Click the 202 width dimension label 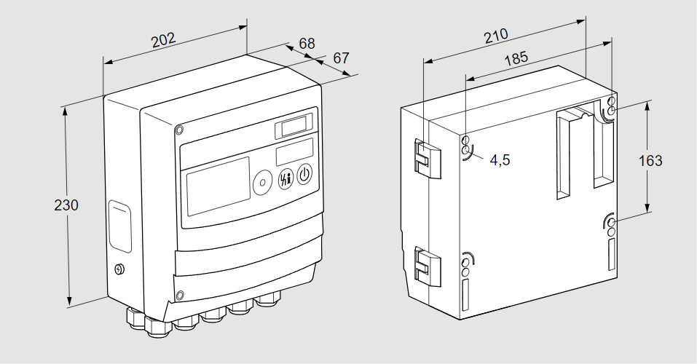coord(163,39)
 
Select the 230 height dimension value coord(66,205)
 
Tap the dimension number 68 coord(307,44)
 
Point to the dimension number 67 coord(342,58)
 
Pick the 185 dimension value coord(516,59)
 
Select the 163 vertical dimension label coord(650,160)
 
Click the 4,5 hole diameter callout coord(500,160)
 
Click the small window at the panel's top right coord(295,127)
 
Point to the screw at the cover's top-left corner coord(179,130)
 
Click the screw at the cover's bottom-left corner coord(180,296)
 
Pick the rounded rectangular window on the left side coord(120,226)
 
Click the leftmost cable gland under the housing coord(136,317)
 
